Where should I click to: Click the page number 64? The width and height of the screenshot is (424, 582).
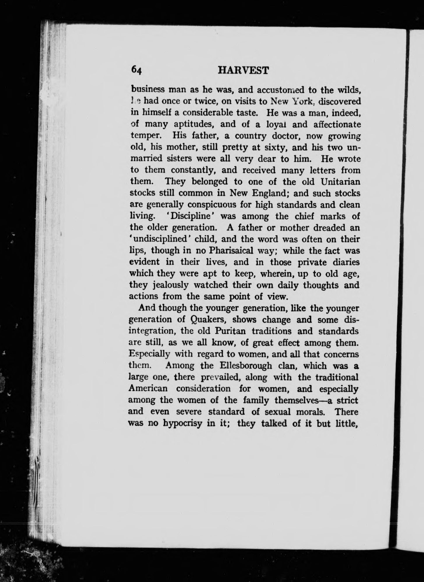pos(136,71)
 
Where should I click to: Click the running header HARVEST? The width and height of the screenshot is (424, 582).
pos(243,70)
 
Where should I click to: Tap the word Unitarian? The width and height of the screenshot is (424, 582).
pos(340,182)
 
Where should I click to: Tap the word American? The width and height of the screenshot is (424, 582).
pos(148,388)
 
